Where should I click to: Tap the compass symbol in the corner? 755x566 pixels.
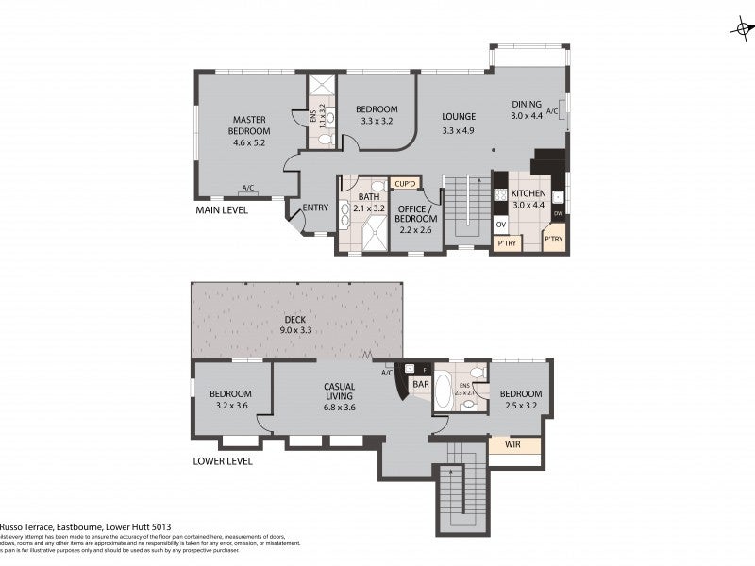pyautogui.click(x=741, y=28)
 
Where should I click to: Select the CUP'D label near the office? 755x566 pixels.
pyautogui.click(x=406, y=183)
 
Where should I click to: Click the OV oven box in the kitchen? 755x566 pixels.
pyautogui.click(x=501, y=225)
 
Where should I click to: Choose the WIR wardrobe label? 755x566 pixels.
pyautogui.click(x=514, y=443)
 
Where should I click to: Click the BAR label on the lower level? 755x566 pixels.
pyautogui.click(x=421, y=385)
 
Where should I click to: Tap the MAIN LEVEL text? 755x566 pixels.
pyautogui.click(x=221, y=210)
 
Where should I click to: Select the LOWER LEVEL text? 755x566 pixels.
pyautogui.click(x=225, y=462)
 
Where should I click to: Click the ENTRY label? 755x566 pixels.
pyautogui.click(x=314, y=208)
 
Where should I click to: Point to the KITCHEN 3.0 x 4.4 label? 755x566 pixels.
pyautogui.click(x=528, y=199)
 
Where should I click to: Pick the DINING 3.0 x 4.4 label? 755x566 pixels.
pyautogui.click(x=528, y=109)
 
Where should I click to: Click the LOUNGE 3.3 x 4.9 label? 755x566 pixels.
pyautogui.click(x=458, y=124)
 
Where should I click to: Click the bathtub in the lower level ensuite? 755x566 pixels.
pyautogui.click(x=443, y=391)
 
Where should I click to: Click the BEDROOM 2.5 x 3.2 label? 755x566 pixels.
pyautogui.click(x=520, y=399)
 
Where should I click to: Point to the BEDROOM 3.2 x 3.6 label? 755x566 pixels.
pyautogui.click(x=230, y=399)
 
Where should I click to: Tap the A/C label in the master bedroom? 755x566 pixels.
pyautogui.click(x=248, y=187)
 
